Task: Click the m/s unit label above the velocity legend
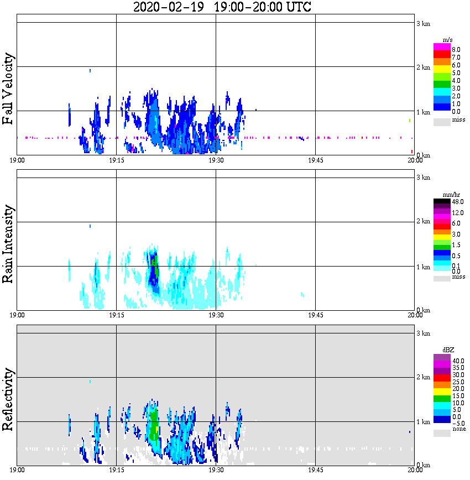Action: pos(447,40)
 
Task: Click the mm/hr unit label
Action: pos(450,195)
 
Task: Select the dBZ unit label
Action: pos(448,350)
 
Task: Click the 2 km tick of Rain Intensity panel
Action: pos(424,222)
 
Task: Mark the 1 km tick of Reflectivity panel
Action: pos(424,422)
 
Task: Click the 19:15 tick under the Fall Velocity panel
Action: pos(116,160)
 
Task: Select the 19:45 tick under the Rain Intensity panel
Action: pos(315,315)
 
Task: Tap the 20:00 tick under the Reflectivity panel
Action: pos(415,471)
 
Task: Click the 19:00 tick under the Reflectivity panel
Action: pos(17,471)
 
